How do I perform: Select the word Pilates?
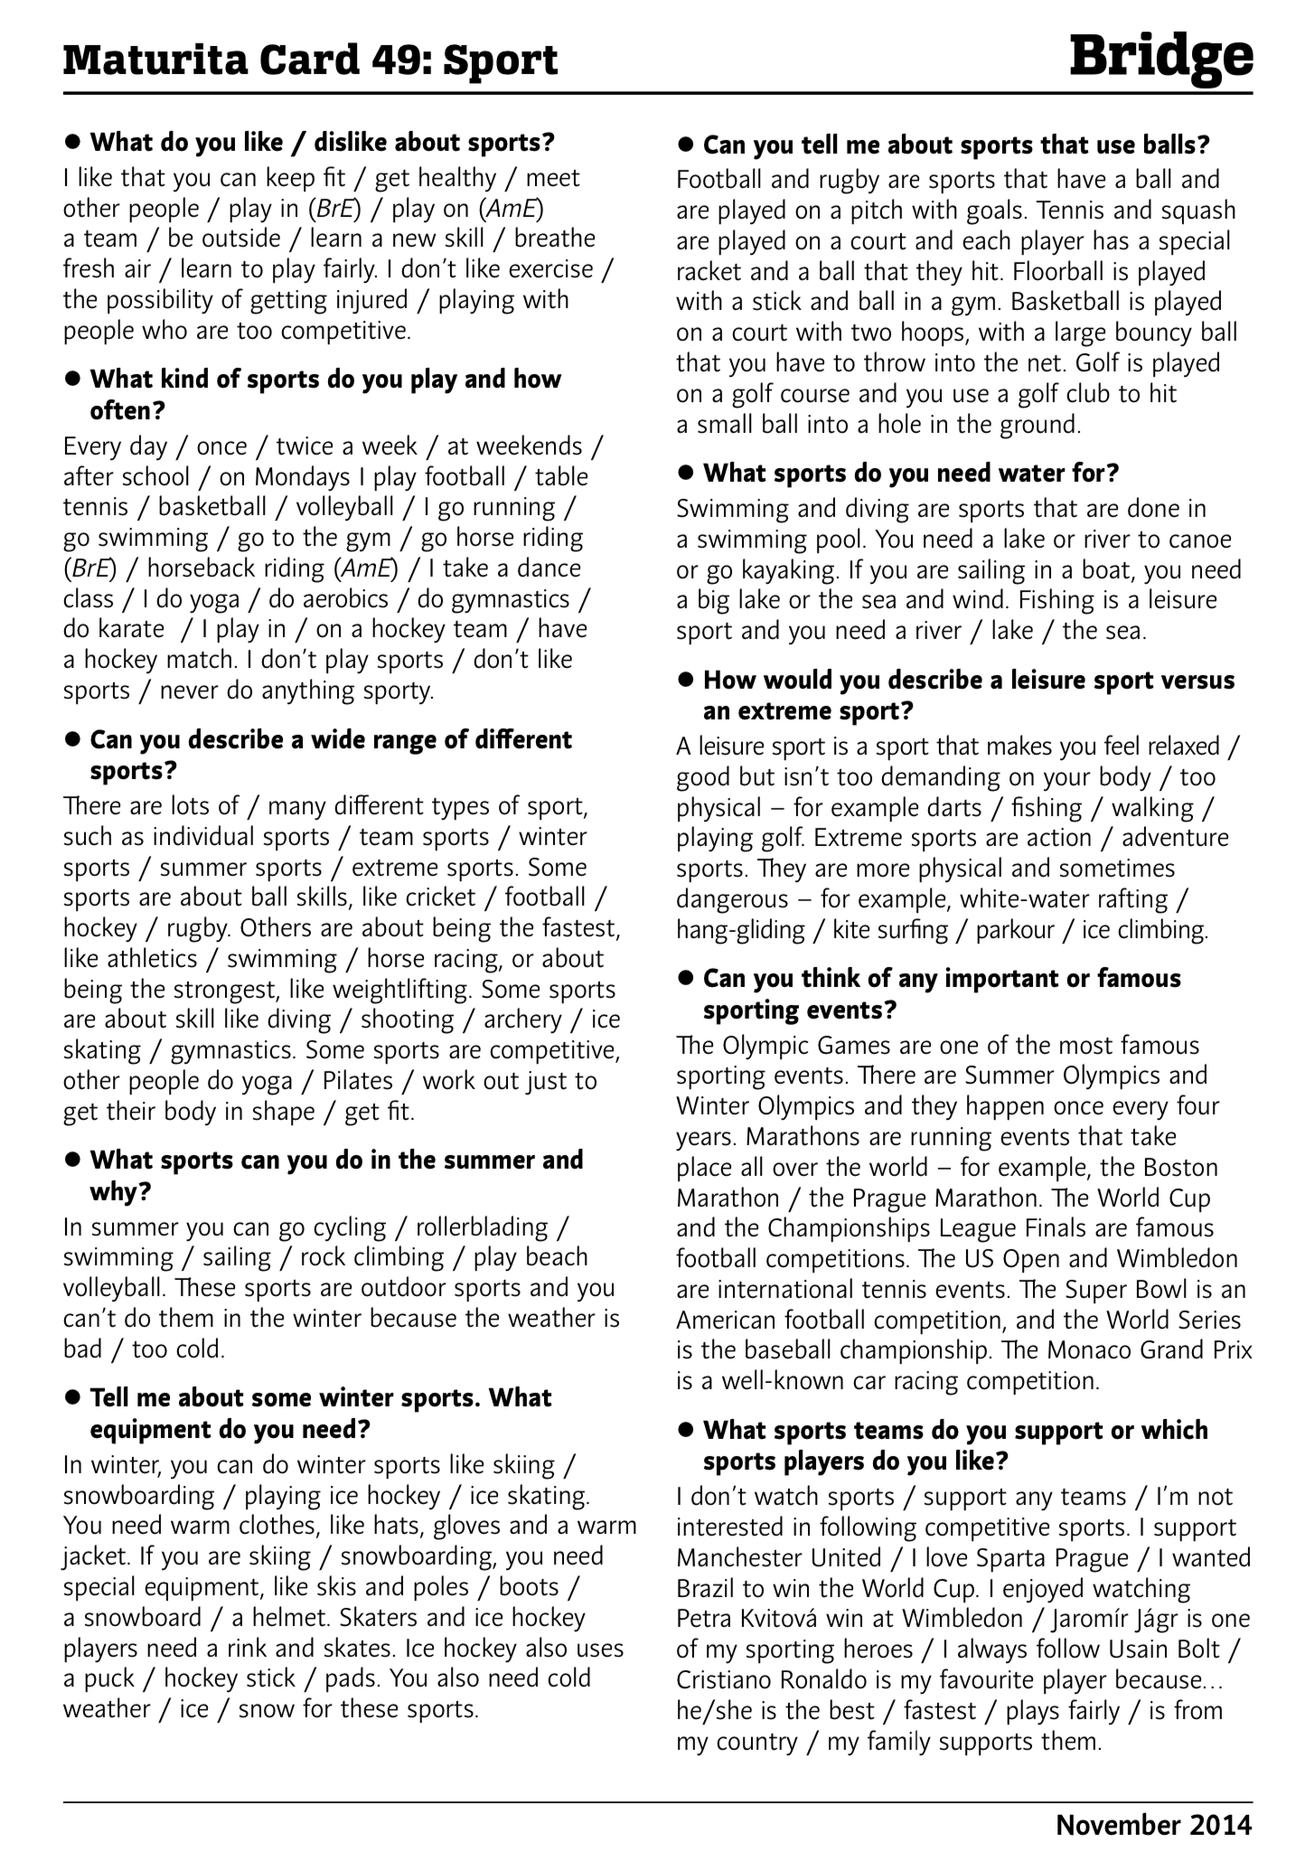tap(358, 1081)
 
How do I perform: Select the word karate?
tap(114, 629)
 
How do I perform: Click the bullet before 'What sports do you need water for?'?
tap(686, 474)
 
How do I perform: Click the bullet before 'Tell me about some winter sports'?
tap(73, 1399)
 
